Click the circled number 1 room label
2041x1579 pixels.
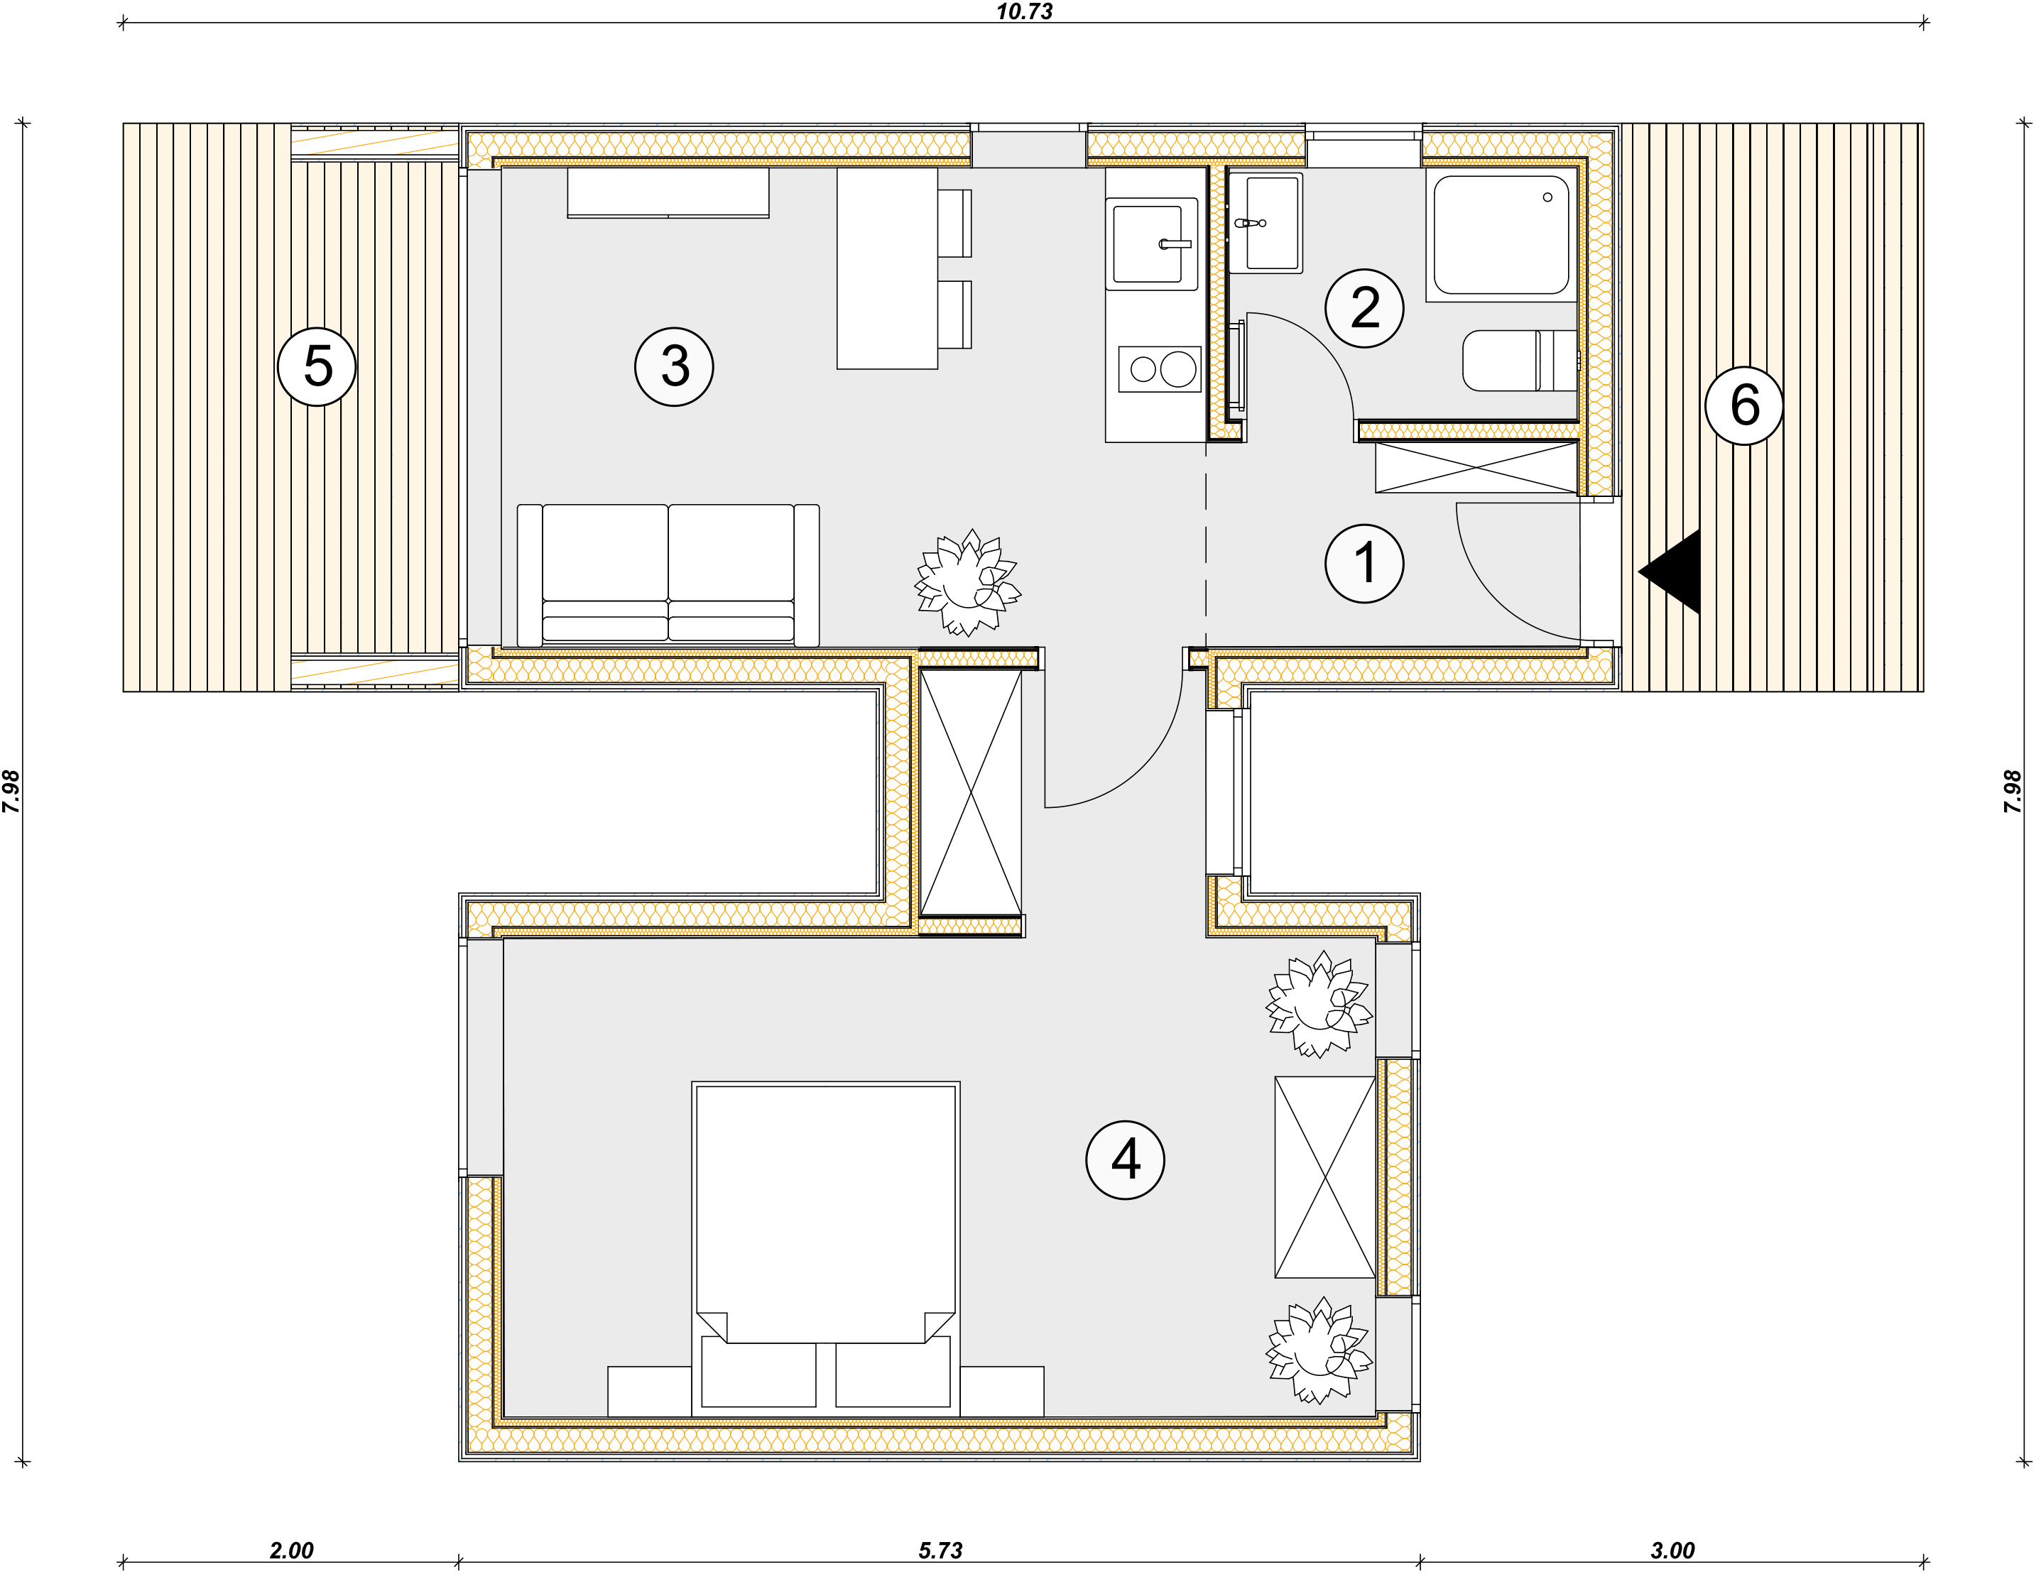1364,564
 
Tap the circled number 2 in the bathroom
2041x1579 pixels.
1364,308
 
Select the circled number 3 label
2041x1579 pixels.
674,366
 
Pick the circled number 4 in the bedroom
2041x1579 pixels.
1125,1159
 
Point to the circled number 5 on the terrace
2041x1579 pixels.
317,366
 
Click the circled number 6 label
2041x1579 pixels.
1744,405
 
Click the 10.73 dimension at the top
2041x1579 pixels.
1024,11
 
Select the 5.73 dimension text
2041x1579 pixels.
940,1551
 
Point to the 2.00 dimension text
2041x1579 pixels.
292,1551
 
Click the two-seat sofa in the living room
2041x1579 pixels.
668,574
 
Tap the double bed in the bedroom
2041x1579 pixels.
826,1249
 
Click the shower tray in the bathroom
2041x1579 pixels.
1502,234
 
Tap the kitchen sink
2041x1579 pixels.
1151,244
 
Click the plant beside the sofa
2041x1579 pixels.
967,582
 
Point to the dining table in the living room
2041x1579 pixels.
887,268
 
